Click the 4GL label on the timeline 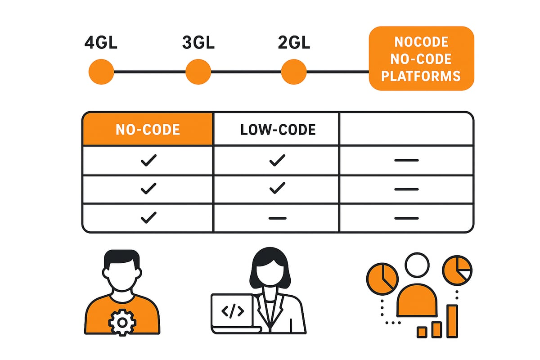(x=101, y=44)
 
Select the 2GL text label (x=294, y=44)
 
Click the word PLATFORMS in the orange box (x=421, y=75)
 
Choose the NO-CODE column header (x=148, y=130)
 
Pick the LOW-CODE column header (x=278, y=130)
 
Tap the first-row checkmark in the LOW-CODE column (x=277, y=160)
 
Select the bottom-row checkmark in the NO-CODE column (x=148, y=218)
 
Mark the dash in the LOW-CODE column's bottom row (x=277, y=218)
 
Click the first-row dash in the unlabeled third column (x=406, y=160)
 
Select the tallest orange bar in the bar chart (x=452, y=321)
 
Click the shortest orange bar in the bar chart (x=422, y=332)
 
